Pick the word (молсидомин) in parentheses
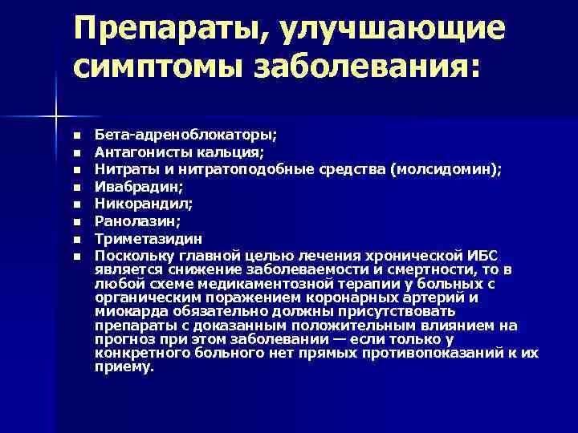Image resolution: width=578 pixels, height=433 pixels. tap(450, 168)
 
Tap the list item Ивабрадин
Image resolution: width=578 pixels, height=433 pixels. tap(138, 186)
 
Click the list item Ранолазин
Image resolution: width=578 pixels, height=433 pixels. tap(136, 221)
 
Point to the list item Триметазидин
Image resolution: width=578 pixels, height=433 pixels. tap(149, 239)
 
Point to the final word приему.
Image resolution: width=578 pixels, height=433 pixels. tap(123, 367)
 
